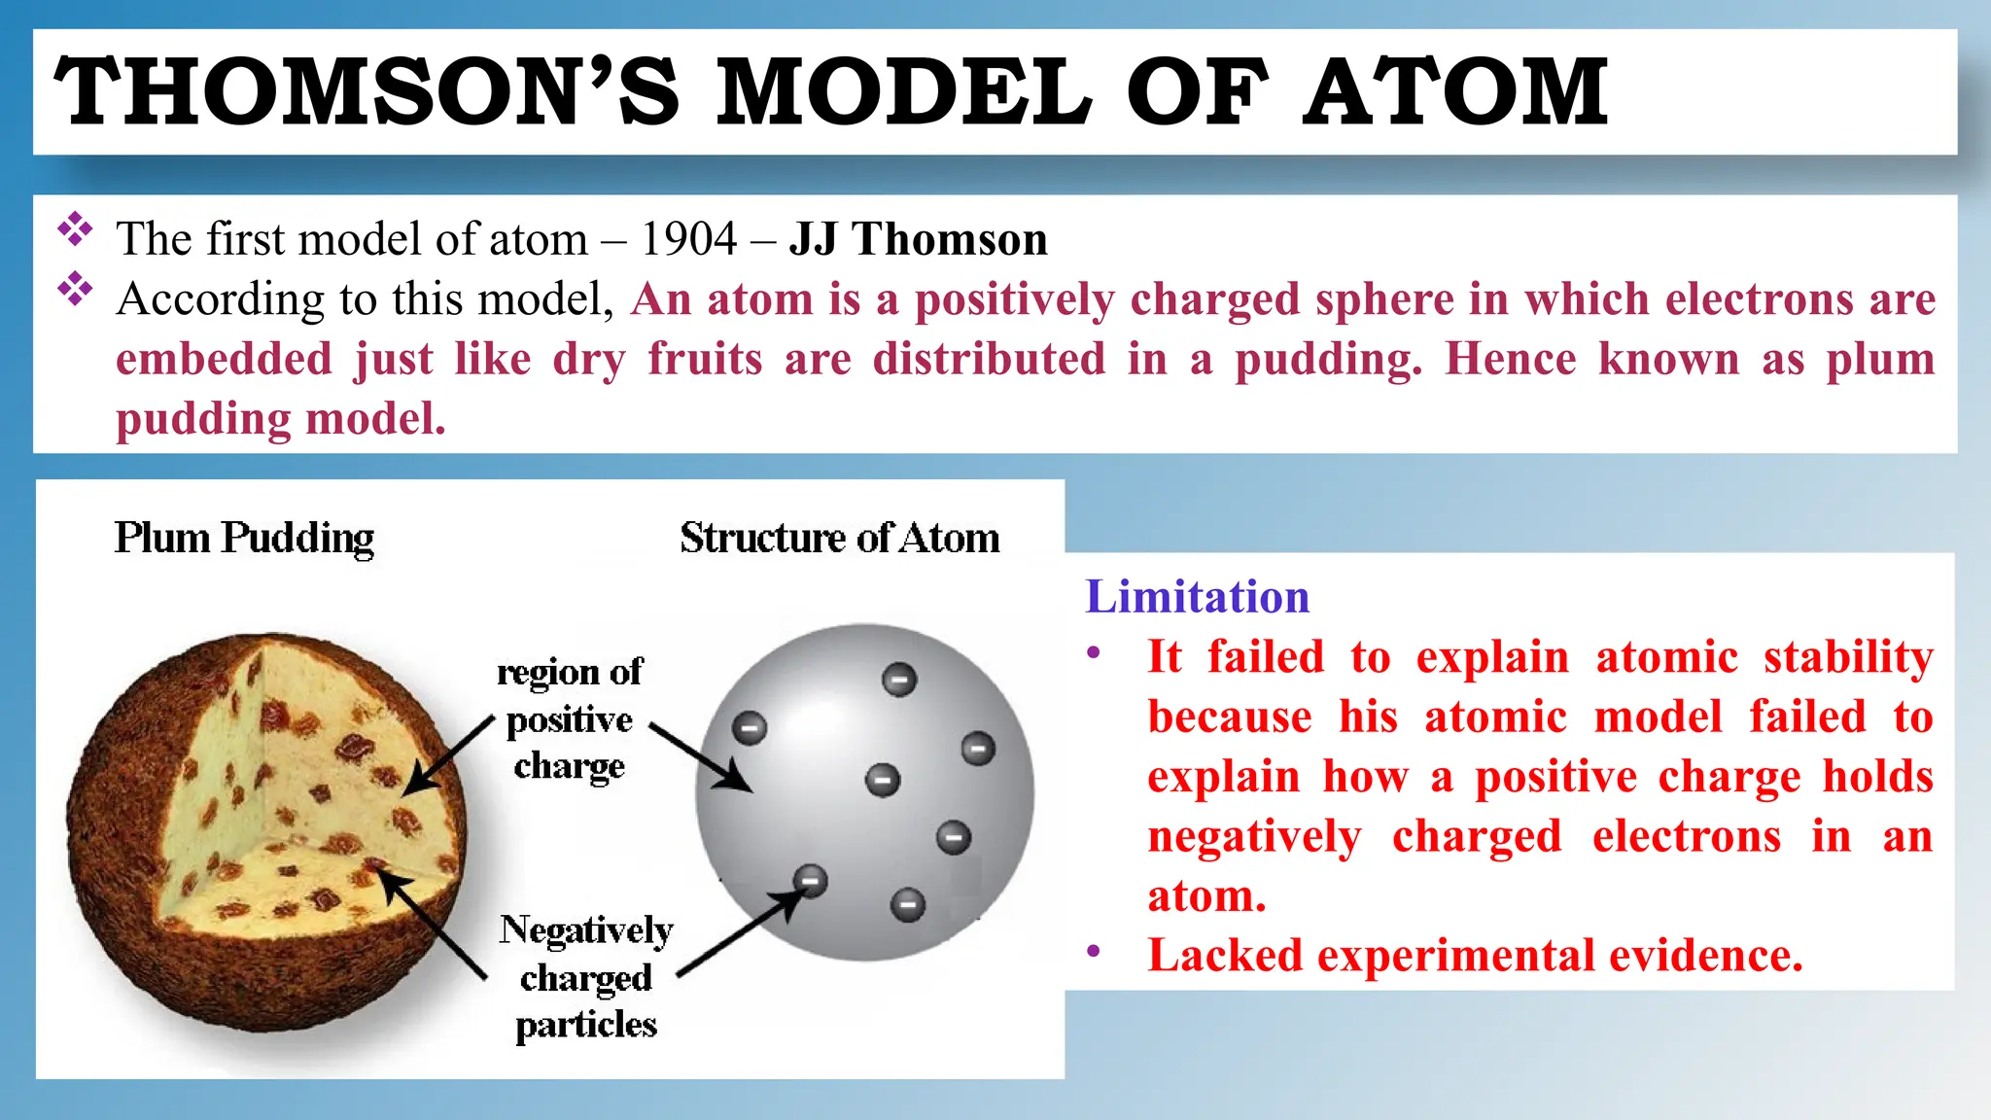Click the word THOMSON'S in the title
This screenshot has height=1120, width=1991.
coord(367,92)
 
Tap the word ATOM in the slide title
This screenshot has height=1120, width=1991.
coord(1455,92)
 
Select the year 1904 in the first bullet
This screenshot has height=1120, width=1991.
coord(688,239)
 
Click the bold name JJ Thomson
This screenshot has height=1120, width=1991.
coord(918,239)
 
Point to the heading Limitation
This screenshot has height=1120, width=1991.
coord(1197,596)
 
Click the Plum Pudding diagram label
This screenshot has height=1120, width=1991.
coord(244,538)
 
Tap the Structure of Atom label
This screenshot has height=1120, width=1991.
coord(839,538)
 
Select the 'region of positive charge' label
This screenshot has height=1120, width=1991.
coord(570,718)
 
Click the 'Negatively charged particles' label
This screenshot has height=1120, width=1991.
coord(586,976)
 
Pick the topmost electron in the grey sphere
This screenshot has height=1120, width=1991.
coord(899,679)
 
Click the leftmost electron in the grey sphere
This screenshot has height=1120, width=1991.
coord(750,727)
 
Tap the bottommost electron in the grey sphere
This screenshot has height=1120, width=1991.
coord(908,905)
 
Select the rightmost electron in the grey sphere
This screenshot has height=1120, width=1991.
coord(978,749)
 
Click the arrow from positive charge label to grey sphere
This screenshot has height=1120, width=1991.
coord(700,756)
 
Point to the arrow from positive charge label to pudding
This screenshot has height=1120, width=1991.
coord(448,757)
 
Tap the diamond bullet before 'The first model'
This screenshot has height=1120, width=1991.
coord(75,230)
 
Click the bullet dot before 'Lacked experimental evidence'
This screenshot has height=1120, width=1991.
coord(1094,951)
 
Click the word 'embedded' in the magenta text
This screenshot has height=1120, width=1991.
coord(224,359)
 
